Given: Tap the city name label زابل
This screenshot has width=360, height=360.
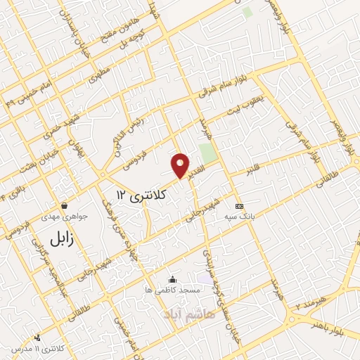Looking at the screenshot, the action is pos(61,238).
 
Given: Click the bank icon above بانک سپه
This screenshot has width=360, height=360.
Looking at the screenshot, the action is pos(240,206).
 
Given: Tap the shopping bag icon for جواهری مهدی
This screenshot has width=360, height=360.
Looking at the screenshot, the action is pos(64,207).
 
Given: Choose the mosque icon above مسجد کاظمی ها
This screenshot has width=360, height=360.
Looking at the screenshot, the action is pos(172,279).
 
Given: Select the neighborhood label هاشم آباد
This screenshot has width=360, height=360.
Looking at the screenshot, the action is pos(185,310).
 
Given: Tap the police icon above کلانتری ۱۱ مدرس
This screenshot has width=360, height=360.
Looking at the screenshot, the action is pos(14,349).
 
